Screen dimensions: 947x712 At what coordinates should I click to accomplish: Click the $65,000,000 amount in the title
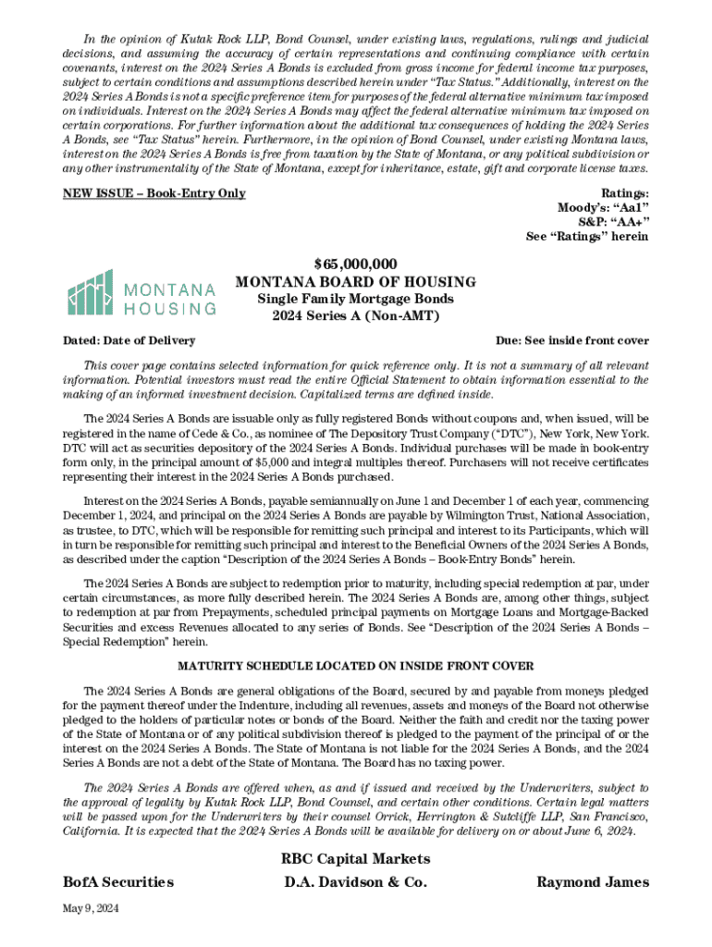point(356,264)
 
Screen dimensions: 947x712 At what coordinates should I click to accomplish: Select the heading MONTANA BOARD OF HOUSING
point(356,281)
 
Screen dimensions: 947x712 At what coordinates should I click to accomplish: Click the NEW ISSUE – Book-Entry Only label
point(153,193)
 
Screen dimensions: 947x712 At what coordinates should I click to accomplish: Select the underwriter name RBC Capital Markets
point(355,859)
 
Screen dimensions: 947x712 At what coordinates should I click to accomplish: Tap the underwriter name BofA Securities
point(117,882)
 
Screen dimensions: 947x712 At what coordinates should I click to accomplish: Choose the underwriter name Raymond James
point(593,882)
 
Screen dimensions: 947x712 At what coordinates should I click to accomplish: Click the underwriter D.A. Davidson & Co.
point(356,882)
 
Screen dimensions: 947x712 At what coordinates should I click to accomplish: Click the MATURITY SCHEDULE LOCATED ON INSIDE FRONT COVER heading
point(355,667)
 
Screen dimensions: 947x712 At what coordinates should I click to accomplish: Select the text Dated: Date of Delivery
point(129,340)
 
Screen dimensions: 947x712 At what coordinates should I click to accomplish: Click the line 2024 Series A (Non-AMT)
point(356,316)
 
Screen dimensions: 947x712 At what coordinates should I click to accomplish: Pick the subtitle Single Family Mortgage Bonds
point(356,299)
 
